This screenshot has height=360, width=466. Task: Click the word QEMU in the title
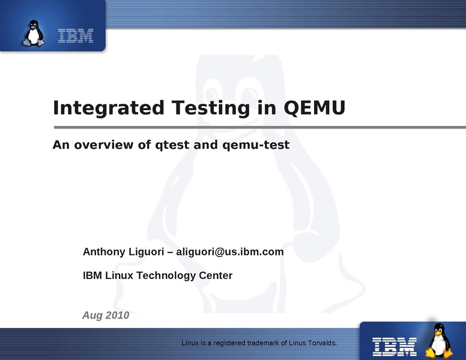click(315, 107)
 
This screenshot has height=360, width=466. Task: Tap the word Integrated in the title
click(109, 108)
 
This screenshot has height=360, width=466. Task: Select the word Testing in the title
click(211, 108)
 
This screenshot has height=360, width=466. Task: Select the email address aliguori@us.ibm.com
click(230, 252)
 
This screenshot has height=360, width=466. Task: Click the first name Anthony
click(104, 252)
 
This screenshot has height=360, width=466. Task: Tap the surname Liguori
click(146, 252)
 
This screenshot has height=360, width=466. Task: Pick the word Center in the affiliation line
click(216, 275)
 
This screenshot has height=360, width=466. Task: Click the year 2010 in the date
click(117, 315)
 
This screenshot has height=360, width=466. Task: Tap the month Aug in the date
click(92, 316)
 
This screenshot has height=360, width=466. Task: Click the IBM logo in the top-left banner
click(76, 35)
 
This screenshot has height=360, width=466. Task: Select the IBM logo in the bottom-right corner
click(395, 347)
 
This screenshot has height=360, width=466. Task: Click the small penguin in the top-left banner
click(34, 33)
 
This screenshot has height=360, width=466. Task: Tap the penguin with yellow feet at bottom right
click(438, 340)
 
